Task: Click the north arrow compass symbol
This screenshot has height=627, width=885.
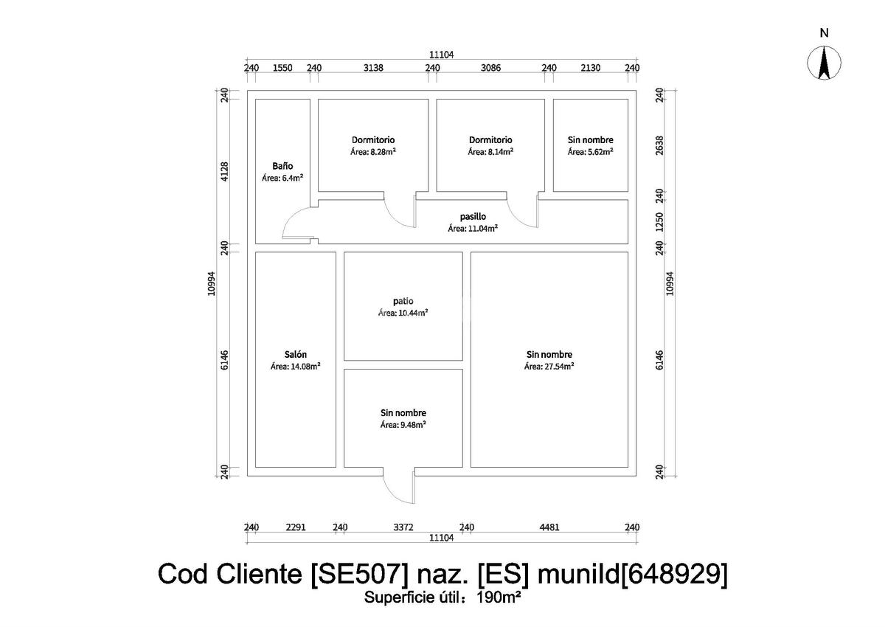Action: [x=825, y=63]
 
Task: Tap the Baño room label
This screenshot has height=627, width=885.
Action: [x=282, y=166]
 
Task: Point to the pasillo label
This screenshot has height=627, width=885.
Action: [x=472, y=216]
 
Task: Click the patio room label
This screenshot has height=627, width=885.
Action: [x=403, y=301]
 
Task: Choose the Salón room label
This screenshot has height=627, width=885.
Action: [x=295, y=353]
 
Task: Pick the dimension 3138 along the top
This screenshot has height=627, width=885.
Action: [x=374, y=68]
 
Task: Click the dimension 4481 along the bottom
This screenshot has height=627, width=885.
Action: [x=549, y=527]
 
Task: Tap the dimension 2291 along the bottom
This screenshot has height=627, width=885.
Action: [x=296, y=527]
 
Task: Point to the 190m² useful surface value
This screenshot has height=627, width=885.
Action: [x=499, y=597]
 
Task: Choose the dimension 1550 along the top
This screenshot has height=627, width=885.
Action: [x=282, y=68]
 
